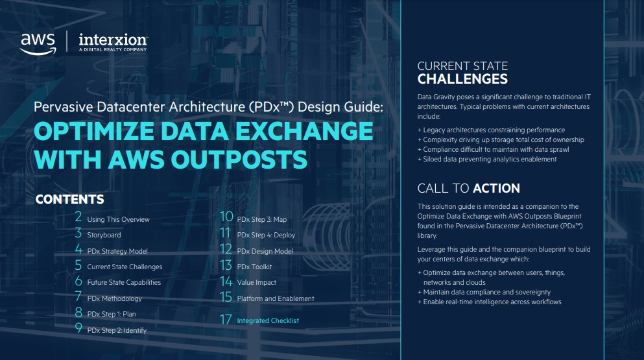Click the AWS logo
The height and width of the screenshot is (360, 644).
click(x=38, y=42)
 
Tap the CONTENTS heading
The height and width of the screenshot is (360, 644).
click(x=69, y=199)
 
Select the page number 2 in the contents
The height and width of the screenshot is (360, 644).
click(x=78, y=218)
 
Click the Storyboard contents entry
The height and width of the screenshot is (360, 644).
click(x=104, y=235)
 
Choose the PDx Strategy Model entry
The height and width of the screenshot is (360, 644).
click(x=117, y=251)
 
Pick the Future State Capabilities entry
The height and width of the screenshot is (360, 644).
click(x=124, y=283)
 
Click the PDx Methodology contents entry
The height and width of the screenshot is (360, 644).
click(x=114, y=298)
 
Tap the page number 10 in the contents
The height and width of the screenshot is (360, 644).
click(x=226, y=218)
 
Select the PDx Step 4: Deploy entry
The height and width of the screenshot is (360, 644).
click(x=266, y=235)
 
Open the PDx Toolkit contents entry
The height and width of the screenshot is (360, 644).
click(x=254, y=267)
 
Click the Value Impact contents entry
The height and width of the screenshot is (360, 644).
click(x=257, y=283)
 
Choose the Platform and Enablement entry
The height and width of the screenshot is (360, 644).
click(x=276, y=298)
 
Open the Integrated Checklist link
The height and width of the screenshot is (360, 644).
click(x=268, y=320)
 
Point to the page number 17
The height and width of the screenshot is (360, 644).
click(x=226, y=320)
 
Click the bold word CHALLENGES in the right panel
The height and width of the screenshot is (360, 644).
click(x=462, y=80)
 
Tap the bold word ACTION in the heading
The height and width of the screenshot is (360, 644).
click(x=496, y=189)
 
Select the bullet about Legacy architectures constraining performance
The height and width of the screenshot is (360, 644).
click(x=491, y=130)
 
